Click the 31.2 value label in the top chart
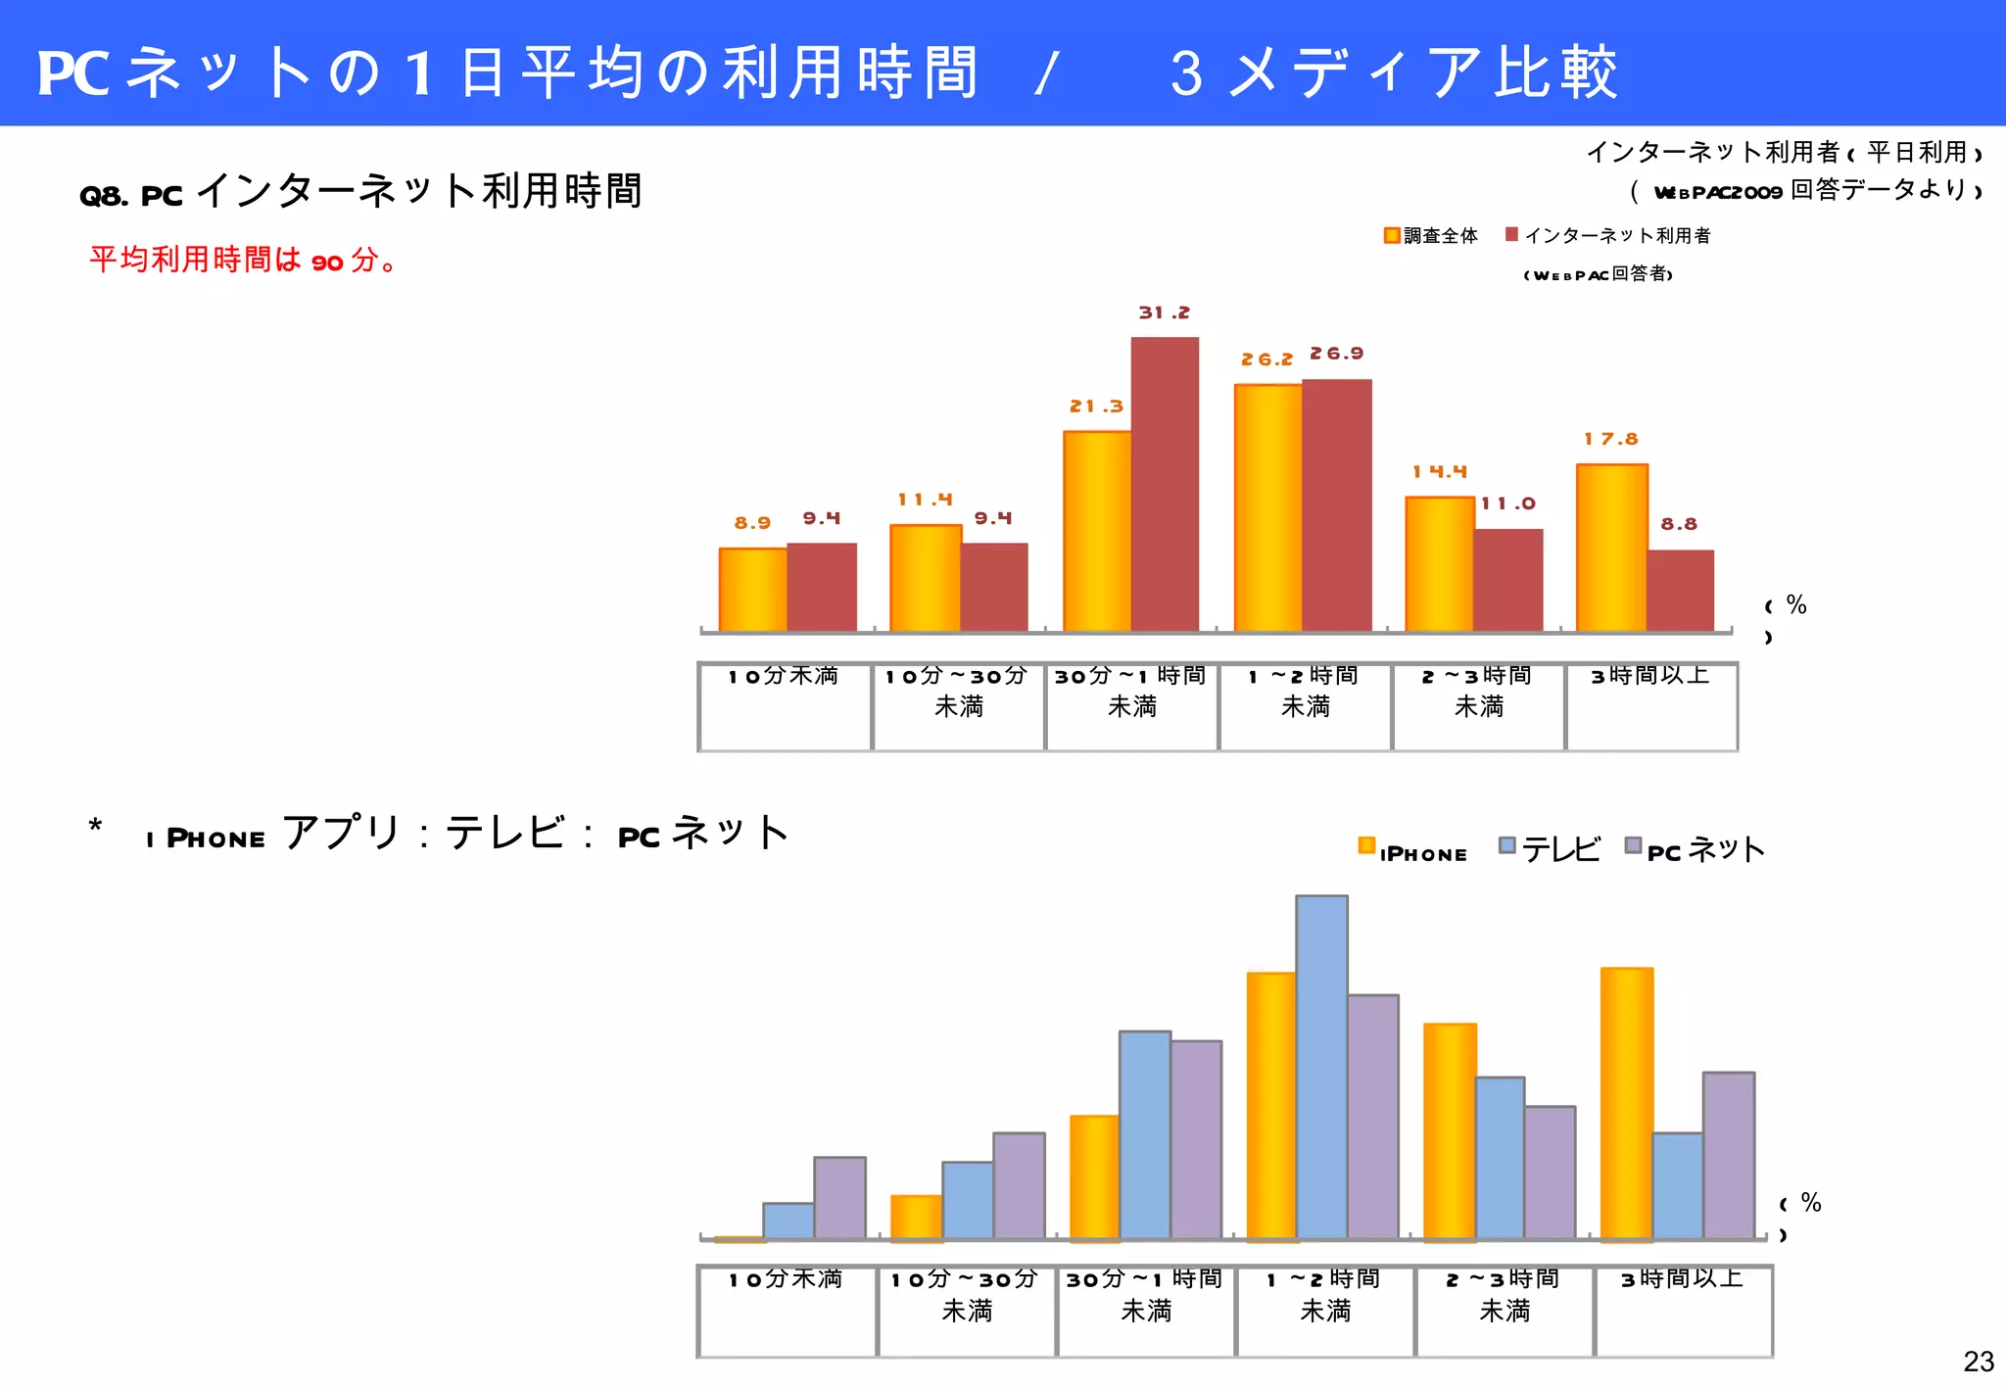(x=1164, y=312)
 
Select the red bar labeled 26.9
(x=1337, y=505)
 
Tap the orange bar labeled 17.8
(x=1612, y=548)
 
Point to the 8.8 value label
(x=1679, y=524)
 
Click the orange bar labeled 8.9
(x=753, y=590)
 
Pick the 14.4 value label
(x=1439, y=471)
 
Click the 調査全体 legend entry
(x=1431, y=236)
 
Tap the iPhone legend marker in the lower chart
(x=1366, y=845)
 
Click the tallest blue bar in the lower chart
(x=1321, y=1067)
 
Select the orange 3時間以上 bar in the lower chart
(x=1627, y=1103)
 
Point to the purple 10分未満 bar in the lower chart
(x=839, y=1198)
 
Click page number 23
(x=1979, y=1362)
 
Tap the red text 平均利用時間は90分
(x=243, y=260)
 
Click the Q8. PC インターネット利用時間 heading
(x=360, y=191)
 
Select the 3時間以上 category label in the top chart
(x=1650, y=676)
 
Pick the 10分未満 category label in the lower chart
(x=786, y=1279)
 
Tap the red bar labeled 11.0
(x=1508, y=580)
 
